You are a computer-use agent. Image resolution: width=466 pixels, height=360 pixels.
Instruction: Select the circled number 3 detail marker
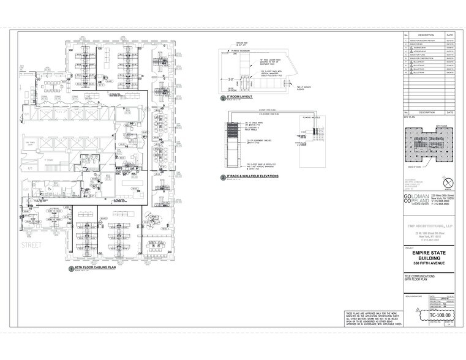(x=223, y=177)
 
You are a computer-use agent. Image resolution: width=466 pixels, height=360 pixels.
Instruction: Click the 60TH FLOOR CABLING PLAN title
(x=95, y=268)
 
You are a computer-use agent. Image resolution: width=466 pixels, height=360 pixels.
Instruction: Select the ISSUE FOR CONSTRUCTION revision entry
(x=424, y=58)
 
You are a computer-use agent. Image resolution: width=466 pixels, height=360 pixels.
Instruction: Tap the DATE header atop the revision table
(x=450, y=34)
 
